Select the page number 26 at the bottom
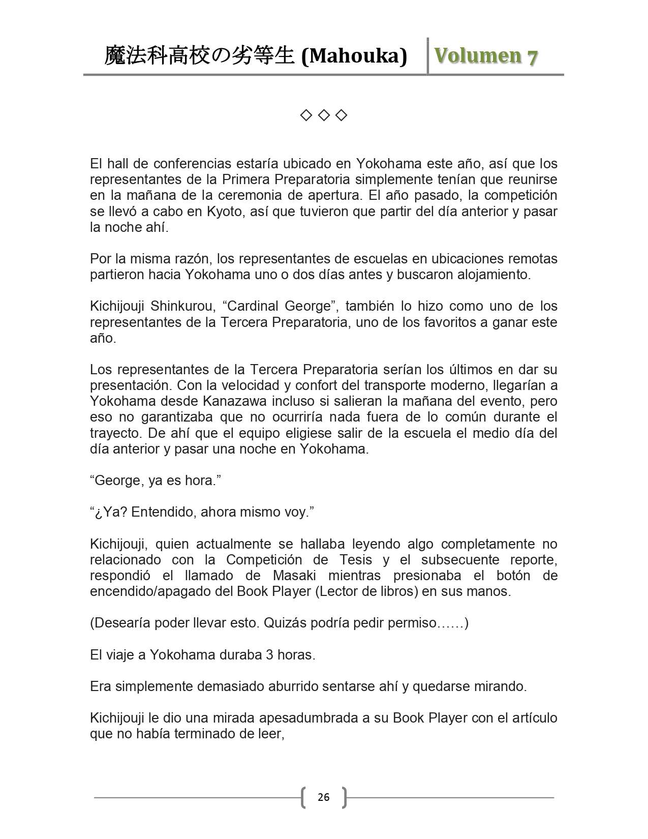point(324,797)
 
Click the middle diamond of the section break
point(324,116)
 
